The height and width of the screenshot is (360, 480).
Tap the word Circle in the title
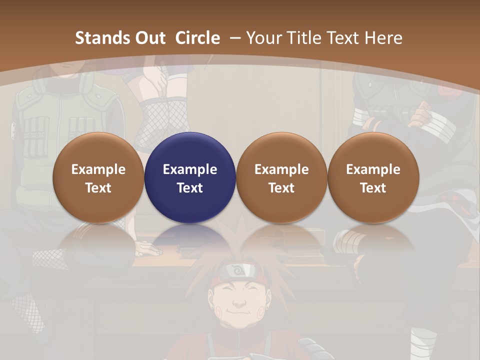[x=197, y=38]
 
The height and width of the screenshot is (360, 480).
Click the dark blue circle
[x=190, y=178]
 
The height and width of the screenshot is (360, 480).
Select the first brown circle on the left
[x=98, y=178]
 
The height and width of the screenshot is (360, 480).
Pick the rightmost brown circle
[x=373, y=178]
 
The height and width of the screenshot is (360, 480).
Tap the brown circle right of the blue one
[x=281, y=178]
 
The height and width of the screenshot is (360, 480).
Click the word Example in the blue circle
[x=190, y=169]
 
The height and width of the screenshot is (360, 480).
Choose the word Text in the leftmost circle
[x=98, y=188]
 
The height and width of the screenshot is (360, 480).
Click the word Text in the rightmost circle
[x=373, y=188]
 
